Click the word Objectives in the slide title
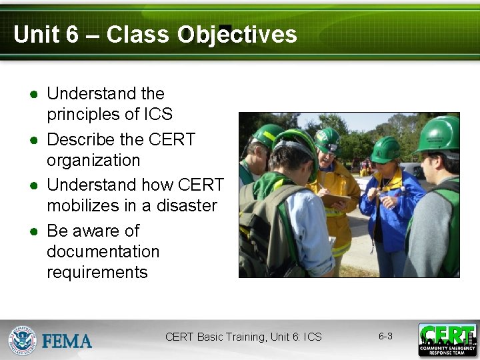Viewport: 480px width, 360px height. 237,35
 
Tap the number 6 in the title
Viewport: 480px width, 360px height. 72,35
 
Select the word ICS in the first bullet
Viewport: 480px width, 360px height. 158,114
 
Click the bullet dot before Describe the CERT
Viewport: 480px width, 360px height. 32,140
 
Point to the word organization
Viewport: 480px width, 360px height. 93,161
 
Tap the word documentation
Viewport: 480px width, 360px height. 103,251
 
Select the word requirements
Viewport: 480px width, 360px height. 97,272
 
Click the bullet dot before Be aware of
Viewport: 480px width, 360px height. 32,231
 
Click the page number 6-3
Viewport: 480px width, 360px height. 385,336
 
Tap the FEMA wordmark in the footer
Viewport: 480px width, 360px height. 67,341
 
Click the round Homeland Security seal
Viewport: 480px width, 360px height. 22,340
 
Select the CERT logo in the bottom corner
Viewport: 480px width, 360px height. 447,339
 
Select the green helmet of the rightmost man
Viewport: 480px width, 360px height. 440,133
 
